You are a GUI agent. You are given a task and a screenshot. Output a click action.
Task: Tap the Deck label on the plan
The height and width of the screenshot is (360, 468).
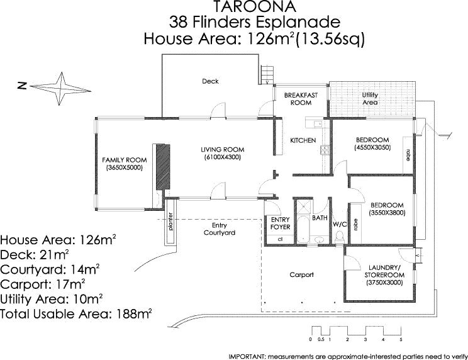(210, 81)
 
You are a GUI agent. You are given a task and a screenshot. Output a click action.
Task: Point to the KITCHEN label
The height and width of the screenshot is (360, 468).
(303, 140)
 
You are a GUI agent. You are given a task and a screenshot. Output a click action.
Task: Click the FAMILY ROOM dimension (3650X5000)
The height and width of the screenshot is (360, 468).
(124, 167)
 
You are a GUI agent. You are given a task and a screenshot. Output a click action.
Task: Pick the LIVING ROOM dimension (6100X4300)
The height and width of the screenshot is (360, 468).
(222, 157)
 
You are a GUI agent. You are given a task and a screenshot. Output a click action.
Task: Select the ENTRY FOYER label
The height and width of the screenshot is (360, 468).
(280, 223)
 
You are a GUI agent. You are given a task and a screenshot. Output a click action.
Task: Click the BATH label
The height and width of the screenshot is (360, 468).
(320, 218)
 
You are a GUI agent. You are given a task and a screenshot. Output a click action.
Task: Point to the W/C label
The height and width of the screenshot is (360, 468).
(340, 223)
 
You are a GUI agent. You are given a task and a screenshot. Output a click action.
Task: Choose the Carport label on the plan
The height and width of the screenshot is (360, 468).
(301, 275)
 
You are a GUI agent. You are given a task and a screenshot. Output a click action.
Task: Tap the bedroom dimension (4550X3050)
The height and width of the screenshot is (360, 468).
(373, 147)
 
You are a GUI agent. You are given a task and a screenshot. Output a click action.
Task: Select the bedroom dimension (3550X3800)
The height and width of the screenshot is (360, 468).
(387, 213)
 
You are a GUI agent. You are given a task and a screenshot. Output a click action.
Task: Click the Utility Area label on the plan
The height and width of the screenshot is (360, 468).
(370, 98)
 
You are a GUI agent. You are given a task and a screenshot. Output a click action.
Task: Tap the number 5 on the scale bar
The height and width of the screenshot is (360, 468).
(400, 340)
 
